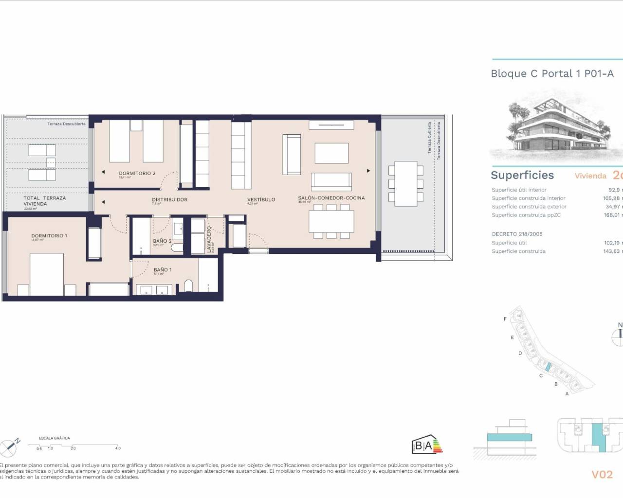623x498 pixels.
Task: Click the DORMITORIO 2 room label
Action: pos(137,173)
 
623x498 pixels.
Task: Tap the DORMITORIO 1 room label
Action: pos(49,236)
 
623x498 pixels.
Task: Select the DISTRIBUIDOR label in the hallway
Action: pos(169,199)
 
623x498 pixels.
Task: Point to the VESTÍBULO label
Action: pos(261,199)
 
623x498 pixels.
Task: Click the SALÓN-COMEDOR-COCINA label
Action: pos(331,198)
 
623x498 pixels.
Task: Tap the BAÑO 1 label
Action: pos(163,269)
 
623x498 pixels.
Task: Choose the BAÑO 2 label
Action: pos(162,241)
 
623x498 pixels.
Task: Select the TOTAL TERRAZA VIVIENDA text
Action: pos(44,201)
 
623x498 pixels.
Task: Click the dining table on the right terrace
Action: pos(405,183)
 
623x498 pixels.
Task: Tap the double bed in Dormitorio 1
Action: pos(47,274)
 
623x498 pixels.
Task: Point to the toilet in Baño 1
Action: pos(189,286)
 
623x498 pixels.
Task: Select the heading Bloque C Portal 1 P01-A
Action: pos(552,73)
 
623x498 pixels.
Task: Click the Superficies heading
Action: pos(522,175)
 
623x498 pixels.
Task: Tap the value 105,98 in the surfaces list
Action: pos(612,198)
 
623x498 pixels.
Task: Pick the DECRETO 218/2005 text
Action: pos(517,234)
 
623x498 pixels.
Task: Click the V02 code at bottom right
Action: pos(602,474)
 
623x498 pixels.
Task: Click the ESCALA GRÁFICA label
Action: pos(54,438)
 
